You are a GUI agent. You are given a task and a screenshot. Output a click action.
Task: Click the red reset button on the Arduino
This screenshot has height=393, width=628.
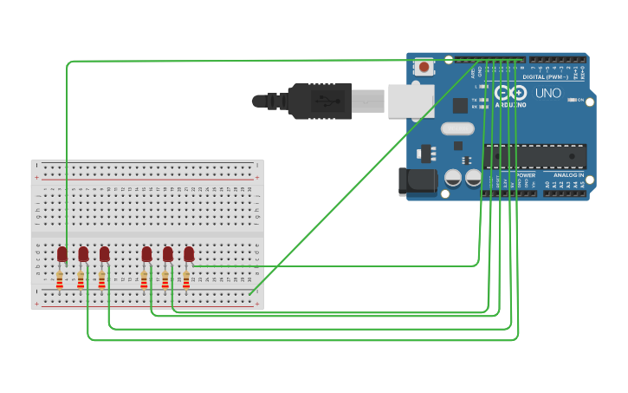pos(424,67)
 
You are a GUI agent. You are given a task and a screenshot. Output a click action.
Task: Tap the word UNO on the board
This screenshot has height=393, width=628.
pos(547,93)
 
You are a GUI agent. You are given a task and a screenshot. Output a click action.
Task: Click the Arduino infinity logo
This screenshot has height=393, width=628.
pos(510,92)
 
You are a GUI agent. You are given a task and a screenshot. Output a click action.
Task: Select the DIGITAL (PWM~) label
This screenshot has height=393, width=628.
pos(547,77)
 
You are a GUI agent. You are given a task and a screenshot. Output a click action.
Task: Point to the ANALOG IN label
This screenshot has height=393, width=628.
pos(568,175)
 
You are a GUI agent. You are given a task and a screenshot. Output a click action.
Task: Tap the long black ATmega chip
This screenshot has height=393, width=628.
pos(535,156)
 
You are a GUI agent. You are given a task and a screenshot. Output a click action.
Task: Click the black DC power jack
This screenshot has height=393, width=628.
pos(416,180)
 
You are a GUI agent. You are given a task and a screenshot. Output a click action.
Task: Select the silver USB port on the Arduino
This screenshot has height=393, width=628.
pos(411,101)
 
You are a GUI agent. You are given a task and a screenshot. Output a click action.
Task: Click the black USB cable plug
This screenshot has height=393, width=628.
pos(320,101)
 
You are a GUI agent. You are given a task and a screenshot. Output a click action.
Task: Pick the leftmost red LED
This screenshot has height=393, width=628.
pos(62,254)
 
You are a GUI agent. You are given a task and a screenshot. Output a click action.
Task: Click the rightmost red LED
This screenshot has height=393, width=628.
pos(189,254)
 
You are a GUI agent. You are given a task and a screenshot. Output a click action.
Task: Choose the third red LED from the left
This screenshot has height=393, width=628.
pos(104,254)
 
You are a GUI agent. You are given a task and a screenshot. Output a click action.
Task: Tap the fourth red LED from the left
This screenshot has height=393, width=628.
pos(146,254)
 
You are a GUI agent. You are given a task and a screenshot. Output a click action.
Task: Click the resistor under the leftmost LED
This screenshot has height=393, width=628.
pos(60,280)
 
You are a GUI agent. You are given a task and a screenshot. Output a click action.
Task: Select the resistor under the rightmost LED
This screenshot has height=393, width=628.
pos(186,280)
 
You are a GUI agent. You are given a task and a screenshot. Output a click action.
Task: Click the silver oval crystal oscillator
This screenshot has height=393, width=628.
pos(457,128)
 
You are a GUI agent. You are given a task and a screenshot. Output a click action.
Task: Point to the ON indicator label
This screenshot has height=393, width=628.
pos(579,100)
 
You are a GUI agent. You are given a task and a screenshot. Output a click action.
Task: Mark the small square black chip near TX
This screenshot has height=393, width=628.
pos(460,105)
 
